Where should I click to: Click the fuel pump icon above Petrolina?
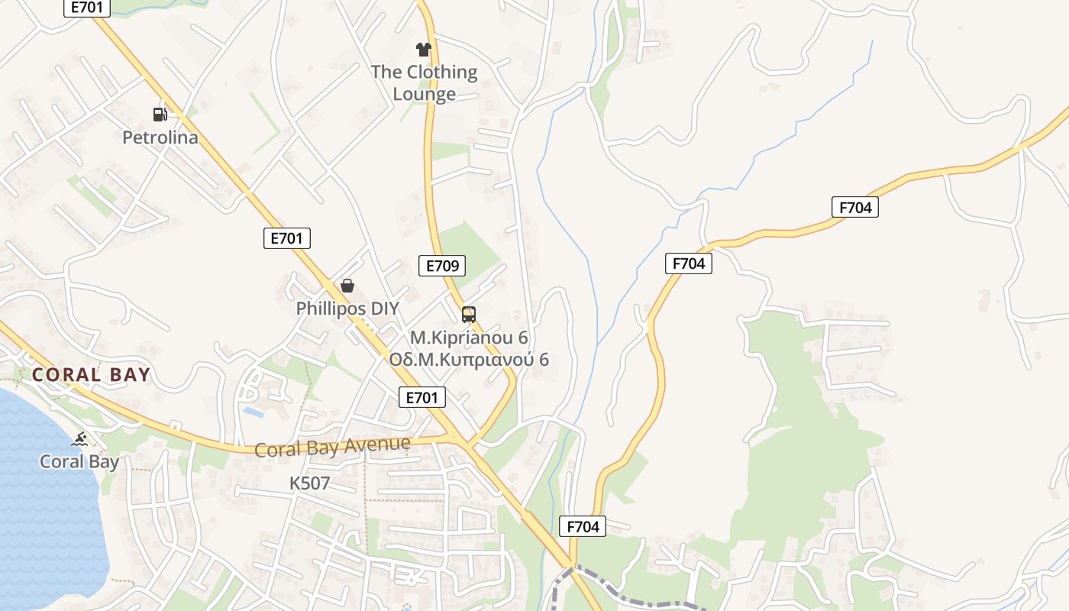click(x=160, y=115)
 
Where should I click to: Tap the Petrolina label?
click(x=160, y=137)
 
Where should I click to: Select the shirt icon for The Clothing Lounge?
click(x=424, y=50)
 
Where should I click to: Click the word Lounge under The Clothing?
click(x=424, y=94)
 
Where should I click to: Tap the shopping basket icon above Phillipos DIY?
click(x=347, y=286)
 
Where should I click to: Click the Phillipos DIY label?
click(x=347, y=309)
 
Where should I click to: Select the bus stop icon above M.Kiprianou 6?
click(x=469, y=314)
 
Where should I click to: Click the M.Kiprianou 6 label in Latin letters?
click(x=469, y=337)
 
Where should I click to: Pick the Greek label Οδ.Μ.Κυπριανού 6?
click(x=469, y=359)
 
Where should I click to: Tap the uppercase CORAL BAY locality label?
click(x=91, y=375)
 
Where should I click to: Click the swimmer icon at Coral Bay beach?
click(x=79, y=439)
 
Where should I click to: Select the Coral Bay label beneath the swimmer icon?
click(x=79, y=462)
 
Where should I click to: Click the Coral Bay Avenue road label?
click(x=332, y=447)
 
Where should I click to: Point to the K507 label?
click(x=309, y=483)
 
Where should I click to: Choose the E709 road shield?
click(x=442, y=266)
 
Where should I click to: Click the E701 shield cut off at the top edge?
click(x=86, y=8)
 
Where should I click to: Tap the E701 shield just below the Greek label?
click(x=422, y=397)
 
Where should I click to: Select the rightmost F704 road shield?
click(x=854, y=207)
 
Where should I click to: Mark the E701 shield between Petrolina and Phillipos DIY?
click(x=287, y=238)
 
